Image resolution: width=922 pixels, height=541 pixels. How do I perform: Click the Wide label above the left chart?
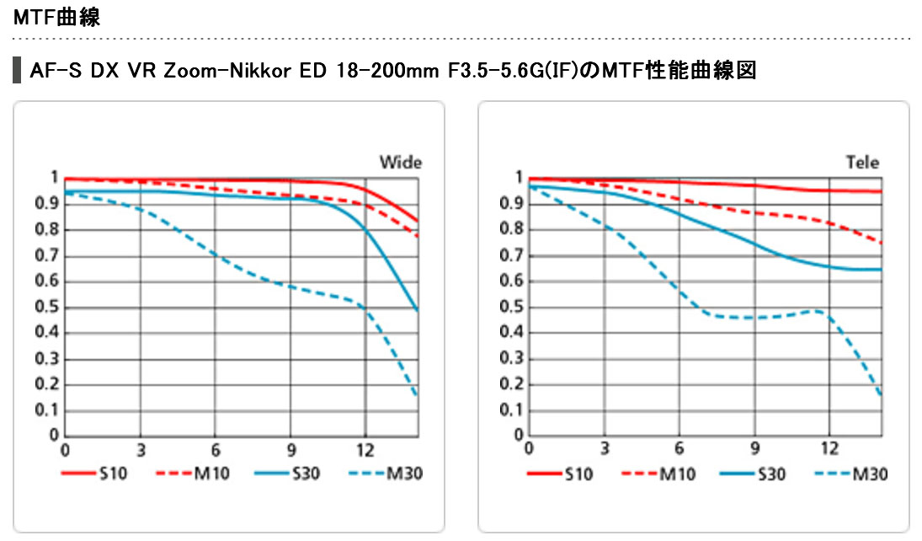coord(400,162)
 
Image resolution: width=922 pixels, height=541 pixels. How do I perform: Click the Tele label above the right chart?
coord(863,162)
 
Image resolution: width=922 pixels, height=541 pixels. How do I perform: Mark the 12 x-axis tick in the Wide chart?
coord(365,448)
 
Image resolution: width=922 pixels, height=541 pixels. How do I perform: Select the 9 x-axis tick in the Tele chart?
coord(754,448)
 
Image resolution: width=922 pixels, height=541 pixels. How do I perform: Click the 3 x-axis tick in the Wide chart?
coord(141,448)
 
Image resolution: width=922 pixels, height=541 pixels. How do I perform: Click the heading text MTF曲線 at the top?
coord(57,17)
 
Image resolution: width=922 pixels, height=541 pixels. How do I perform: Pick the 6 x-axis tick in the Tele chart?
coord(679,448)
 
